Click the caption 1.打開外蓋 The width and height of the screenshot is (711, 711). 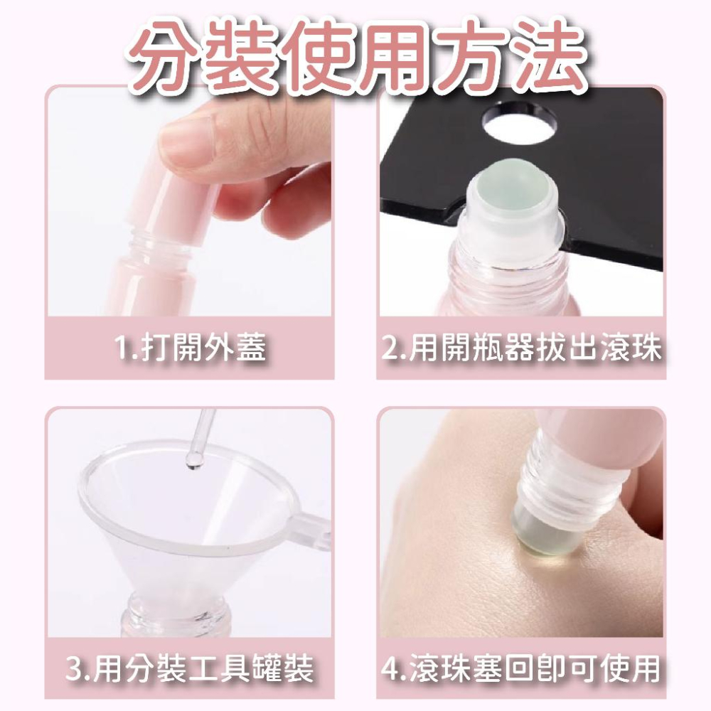click(190, 348)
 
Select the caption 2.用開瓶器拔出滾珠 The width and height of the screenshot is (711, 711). click(522, 348)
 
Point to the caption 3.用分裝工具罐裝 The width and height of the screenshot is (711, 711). click(190, 669)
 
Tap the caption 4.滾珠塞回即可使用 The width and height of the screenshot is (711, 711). click(522, 669)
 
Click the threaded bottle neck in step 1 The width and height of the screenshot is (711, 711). click(153, 245)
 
